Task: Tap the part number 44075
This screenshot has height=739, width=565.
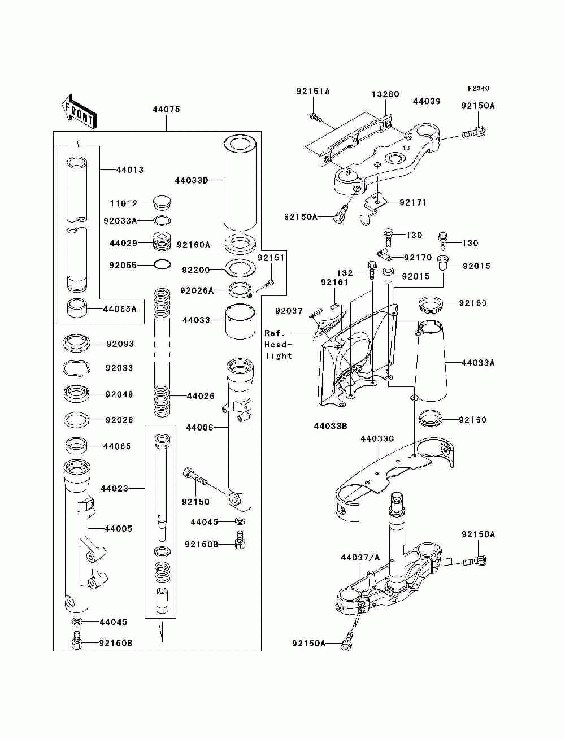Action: pyautogui.click(x=166, y=110)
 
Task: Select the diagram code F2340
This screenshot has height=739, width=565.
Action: pyautogui.click(x=478, y=89)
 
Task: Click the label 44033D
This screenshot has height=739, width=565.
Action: pyautogui.click(x=191, y=180)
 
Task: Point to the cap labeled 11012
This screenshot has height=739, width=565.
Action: pyautogui.click(x=162, y=202)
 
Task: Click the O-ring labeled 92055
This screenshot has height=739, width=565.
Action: pyautogui.click(x=162, y=264)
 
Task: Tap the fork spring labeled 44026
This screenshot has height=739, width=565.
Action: pyautogui.click(x=162, y=352)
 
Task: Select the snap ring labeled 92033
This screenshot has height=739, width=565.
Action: pyautogui.click(x=77, y=368)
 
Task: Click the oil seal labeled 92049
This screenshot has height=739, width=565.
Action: pyautogui.click(x=76, y=394)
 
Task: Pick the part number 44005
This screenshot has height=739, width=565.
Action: pyautogui.click(x=119, y=528)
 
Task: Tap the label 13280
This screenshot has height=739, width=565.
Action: pyautogui.click(x=385, y=94)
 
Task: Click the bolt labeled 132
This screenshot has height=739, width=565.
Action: pyautogui.click(x=371, y=270)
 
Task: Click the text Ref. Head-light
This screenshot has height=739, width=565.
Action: pyautogui.click(x=278, y=345)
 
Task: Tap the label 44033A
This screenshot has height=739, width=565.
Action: pyautogui.click(x=478, y=363)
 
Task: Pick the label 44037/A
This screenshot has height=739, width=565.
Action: pyautogui.click(x=360, y=558)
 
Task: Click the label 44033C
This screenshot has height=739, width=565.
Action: pyautogui.click(x=377, y=438)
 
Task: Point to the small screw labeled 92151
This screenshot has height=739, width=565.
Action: pyautogui.click(x=270, y=282)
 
